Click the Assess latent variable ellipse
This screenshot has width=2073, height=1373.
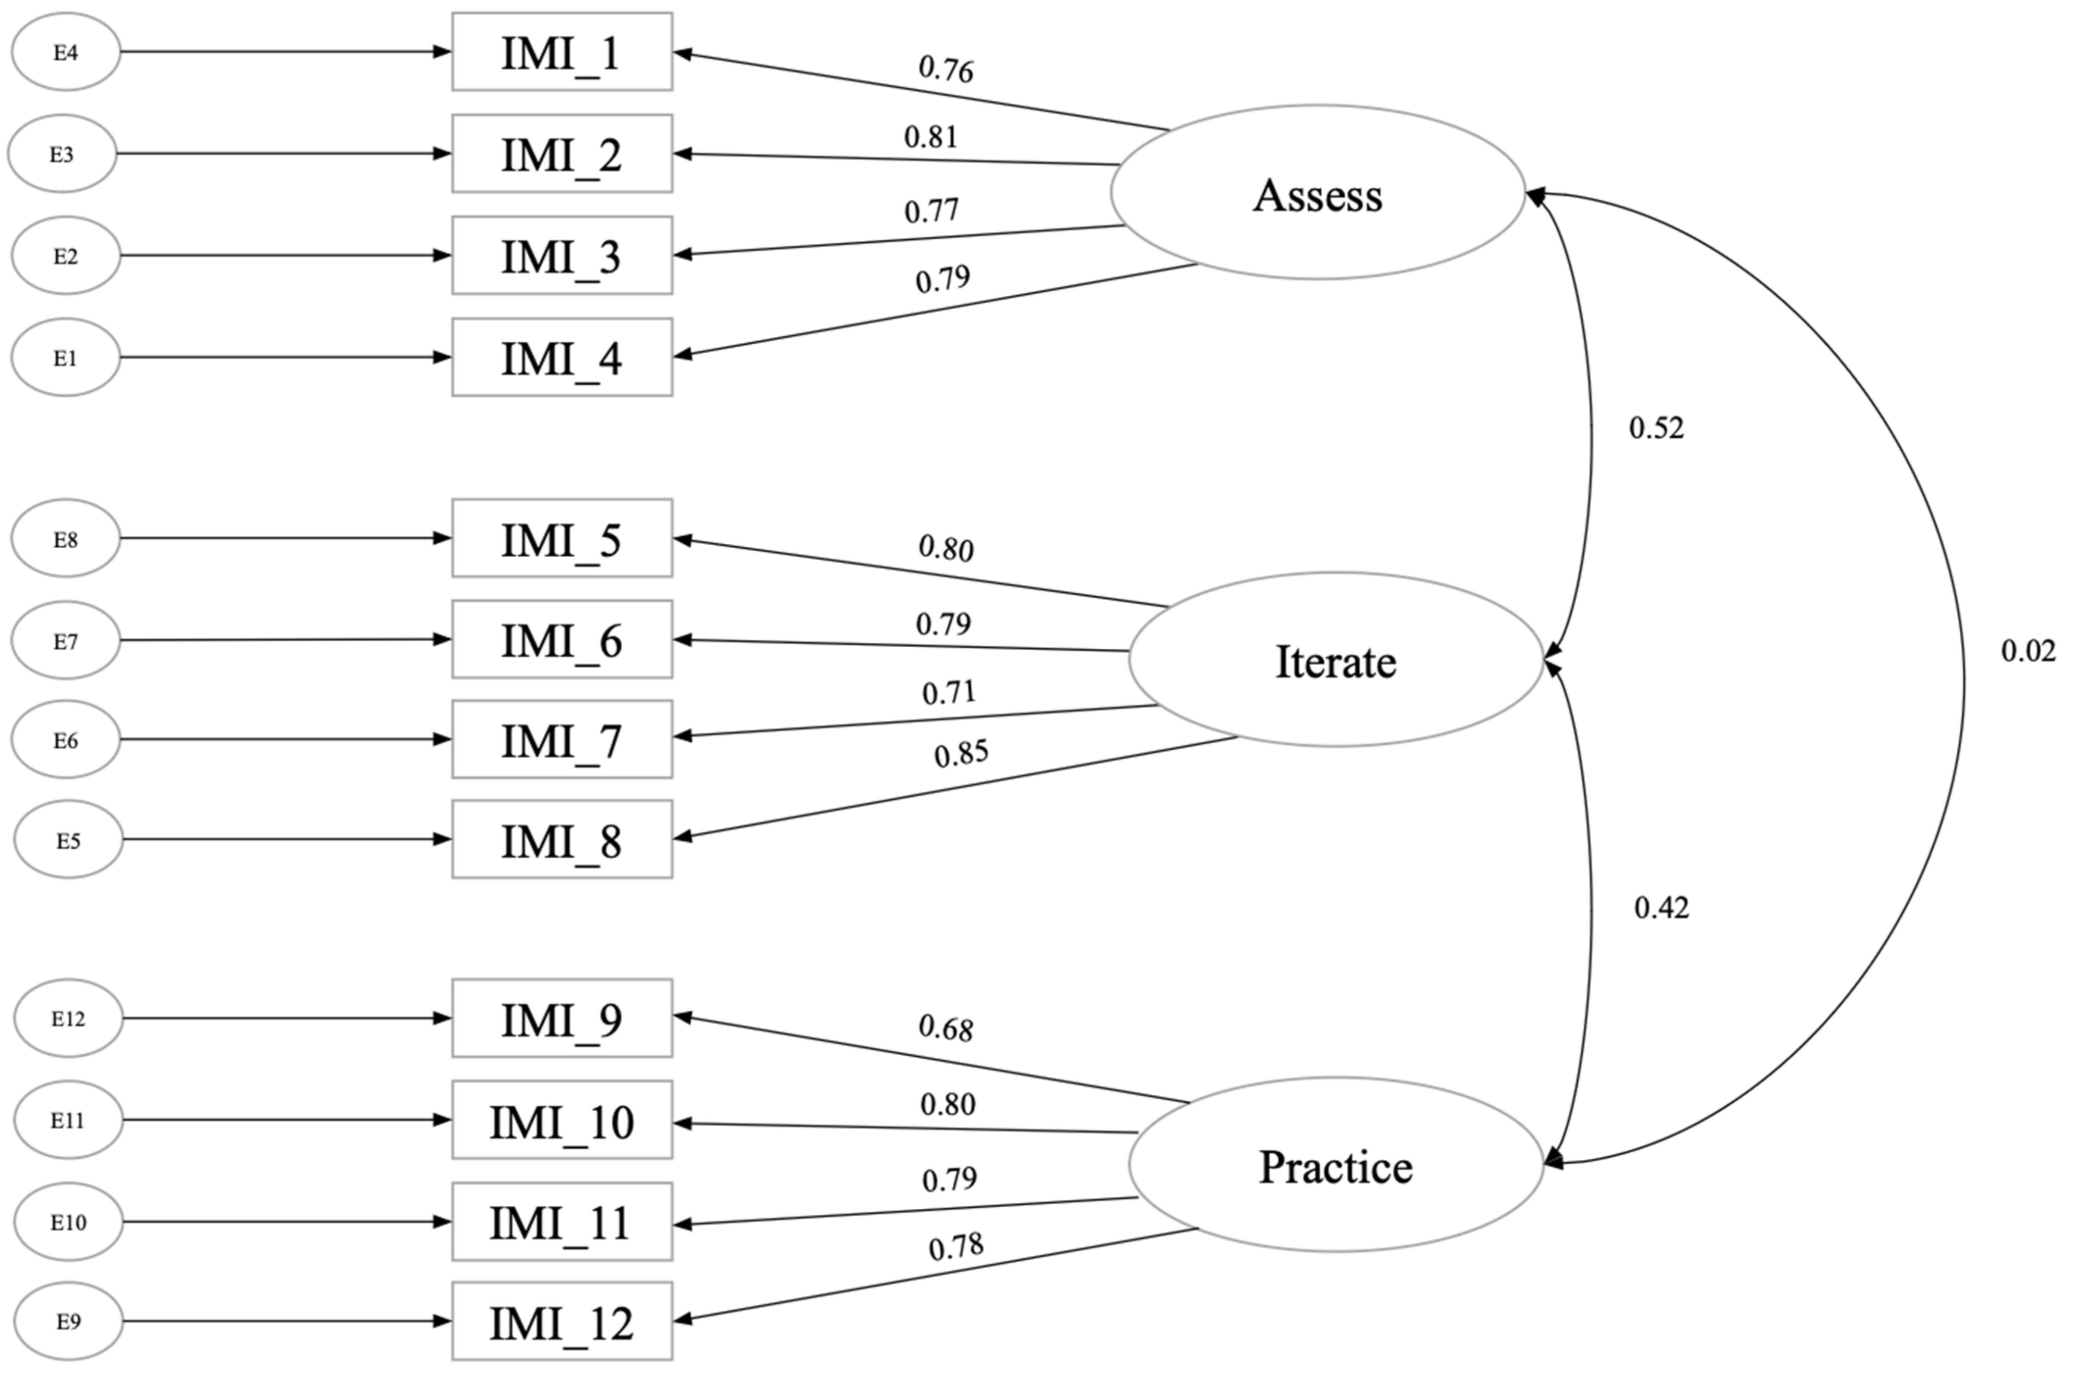pyautogui.click(x=1317, y=194)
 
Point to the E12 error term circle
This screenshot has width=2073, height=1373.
pyautogui.click(x=68, y=1018)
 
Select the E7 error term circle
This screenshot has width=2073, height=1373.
pyautogui.click(x=66, y=641)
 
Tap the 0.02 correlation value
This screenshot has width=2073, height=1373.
pyautogui.click(x=2027, y=651)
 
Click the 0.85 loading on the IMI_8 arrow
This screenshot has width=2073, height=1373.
pyautogui.click(x=961, y=754)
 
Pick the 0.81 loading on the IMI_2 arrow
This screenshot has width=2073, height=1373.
pyautogui.click(x=931, y=137)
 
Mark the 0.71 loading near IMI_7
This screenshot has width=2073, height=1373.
pyautogui.click(x=948, y=692)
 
